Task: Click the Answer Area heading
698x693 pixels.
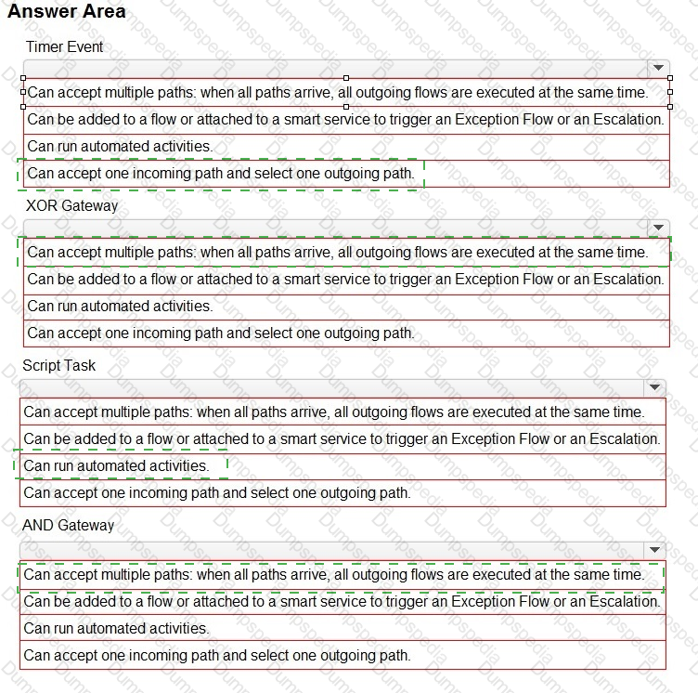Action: point(66,12)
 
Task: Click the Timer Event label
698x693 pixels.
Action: point(65,46)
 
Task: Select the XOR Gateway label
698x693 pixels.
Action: point(71,205)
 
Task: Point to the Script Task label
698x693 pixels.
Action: point(58,365)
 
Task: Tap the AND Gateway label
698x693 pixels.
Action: point(68,525)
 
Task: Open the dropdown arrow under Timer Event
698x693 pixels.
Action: point(658,68)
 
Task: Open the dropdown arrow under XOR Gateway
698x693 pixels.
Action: point(658,228)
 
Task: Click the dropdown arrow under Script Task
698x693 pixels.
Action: point(655,387)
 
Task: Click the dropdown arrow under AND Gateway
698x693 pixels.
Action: point(655,550)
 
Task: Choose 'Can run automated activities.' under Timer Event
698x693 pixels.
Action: point(120,146)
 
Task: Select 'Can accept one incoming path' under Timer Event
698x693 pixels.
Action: point(221,173)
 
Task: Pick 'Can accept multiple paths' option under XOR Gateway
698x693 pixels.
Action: point(337,252)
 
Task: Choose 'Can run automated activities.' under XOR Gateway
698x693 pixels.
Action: point(120,306)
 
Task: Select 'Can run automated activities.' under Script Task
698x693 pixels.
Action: point(116,465)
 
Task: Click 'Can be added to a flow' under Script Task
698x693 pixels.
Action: point(342,438)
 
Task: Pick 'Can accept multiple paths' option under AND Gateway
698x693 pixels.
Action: point(333,574)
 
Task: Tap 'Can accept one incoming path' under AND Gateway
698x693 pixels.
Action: point(217,655)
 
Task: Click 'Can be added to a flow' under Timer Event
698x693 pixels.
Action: point(345,119)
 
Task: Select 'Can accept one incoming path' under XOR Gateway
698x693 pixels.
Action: point(221,333)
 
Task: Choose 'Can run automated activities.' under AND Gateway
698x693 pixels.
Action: point(116,628)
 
